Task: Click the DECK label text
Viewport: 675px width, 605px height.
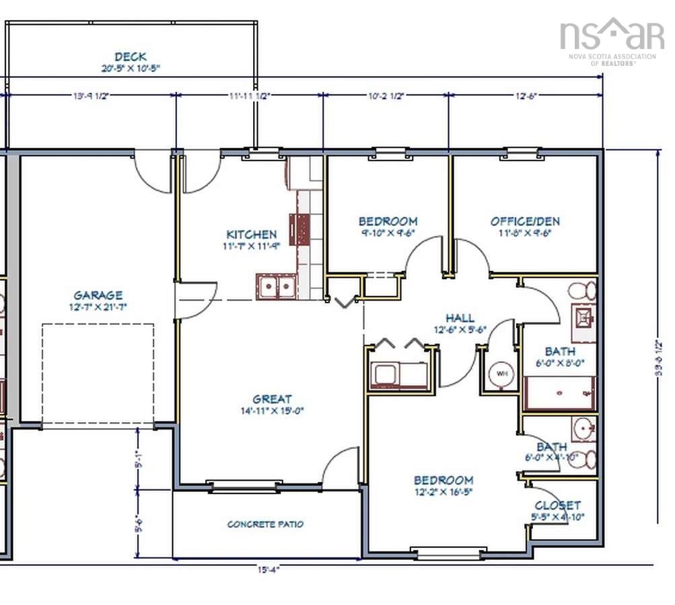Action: pyautogui.click(x=130, y=57)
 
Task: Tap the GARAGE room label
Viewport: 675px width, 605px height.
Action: pyautogui.click(x=98, y=295)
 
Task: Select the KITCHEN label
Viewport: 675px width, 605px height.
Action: pyautogui.click(x=251, y=235)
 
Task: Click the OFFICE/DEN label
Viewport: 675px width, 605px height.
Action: pyautogui.click(x=524, y=221)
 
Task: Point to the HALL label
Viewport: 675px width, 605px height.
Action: pyautogui.click(x=460, y=318)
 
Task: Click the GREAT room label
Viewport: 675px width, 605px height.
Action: pyautogui.click(x=272, y=399)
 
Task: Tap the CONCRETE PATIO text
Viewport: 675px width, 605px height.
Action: pyautogui.click(x=265, y=524)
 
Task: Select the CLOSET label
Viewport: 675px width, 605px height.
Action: pyautogui.click(x=557, y=506)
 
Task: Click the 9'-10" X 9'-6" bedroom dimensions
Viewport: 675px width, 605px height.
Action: pyautogui.click(x=387, y=233)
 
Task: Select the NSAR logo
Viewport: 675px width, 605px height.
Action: pyautogui.click(x=611, y=35)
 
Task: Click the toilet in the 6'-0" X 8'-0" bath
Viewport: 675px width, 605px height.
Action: pyautogui.click(x=582, y=291)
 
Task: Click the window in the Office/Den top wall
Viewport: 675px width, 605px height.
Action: pyautogui.click(x=522, y=153)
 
